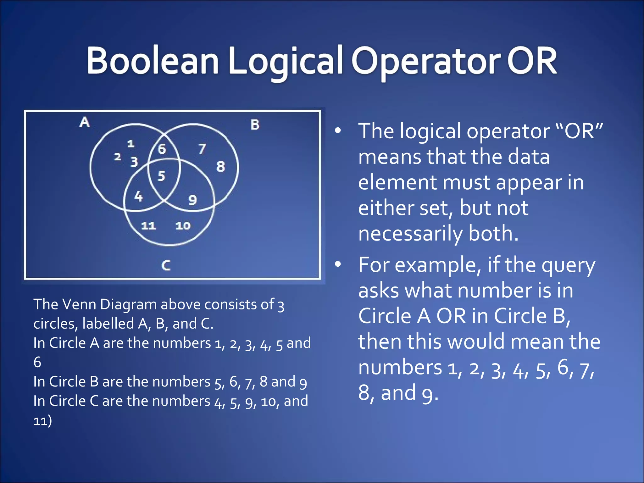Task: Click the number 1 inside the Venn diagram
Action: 130,144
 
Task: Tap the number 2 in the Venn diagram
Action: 117,157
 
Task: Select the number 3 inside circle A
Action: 134,162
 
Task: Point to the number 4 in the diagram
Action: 138,197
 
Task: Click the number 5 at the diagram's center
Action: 161,176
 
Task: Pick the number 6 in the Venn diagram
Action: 162,149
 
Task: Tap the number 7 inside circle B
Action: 202,149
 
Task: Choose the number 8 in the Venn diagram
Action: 220,167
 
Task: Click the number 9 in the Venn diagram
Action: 192,200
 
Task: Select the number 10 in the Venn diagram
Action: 183,225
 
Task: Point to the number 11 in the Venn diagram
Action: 148,225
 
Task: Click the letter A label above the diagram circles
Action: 84,122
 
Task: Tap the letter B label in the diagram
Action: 255,125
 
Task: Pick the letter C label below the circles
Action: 166,266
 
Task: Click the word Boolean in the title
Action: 153,60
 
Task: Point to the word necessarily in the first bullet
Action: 410,234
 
